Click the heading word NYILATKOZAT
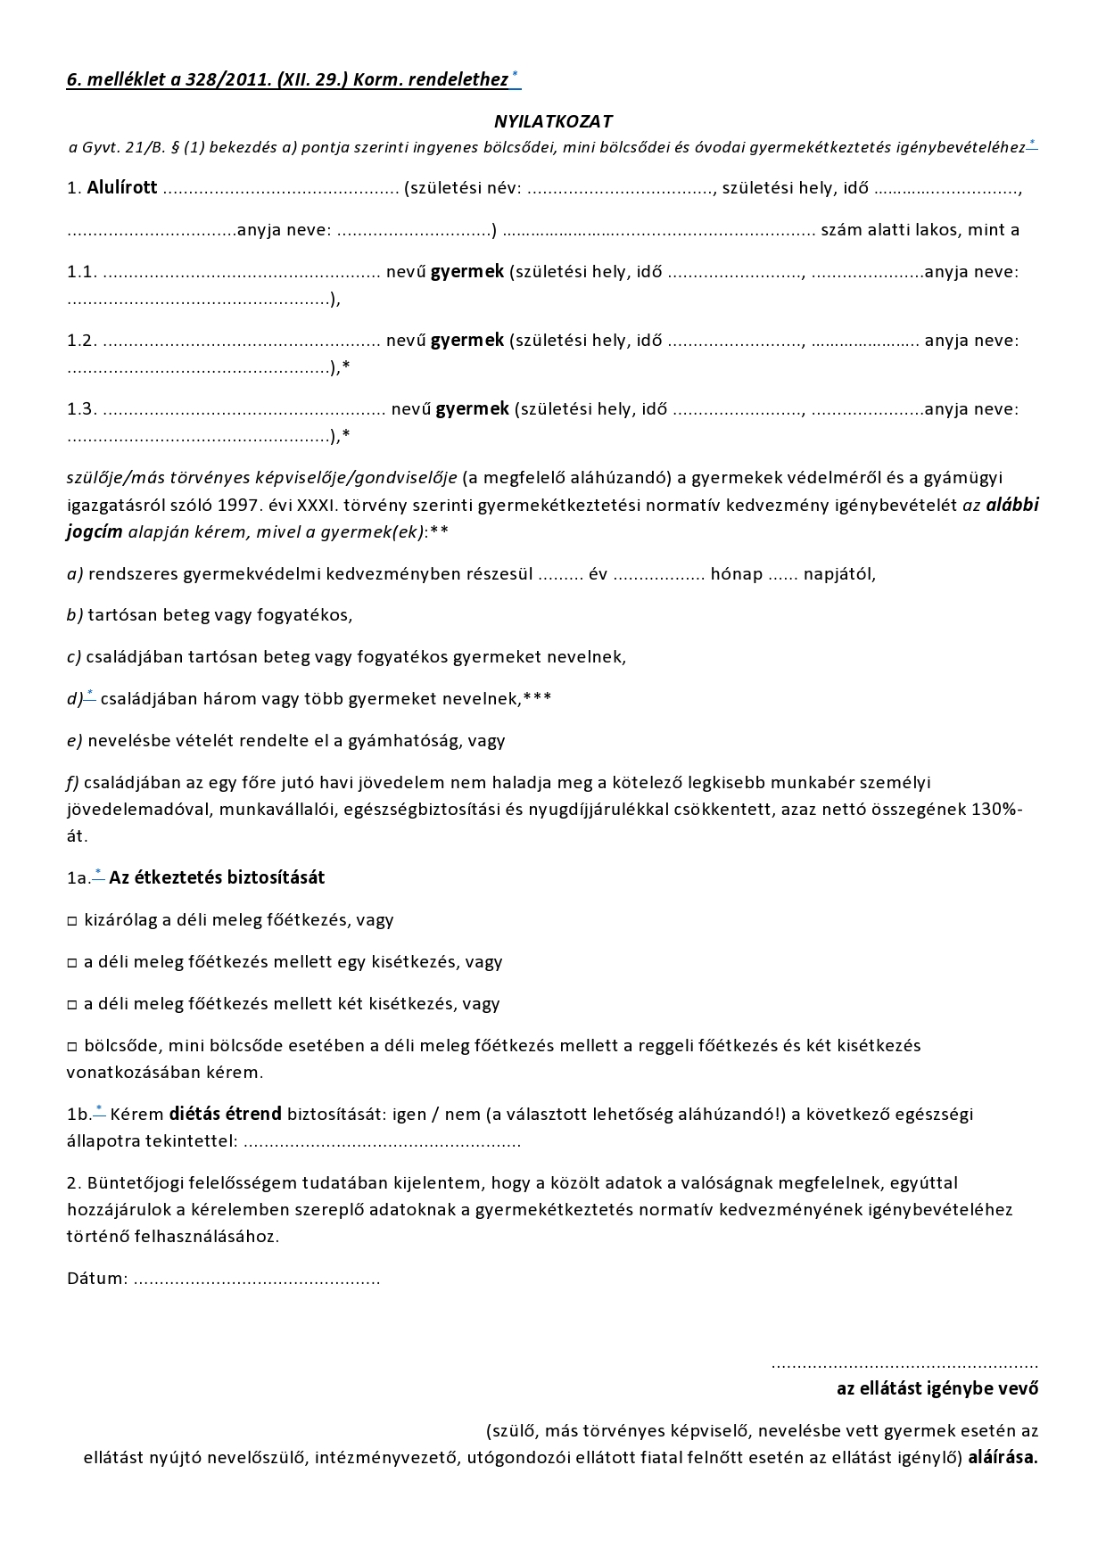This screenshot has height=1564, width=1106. (x=553, y=121)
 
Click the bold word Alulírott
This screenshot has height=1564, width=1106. (x=122, y=188)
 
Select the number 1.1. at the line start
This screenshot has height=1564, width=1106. (x=81, y=272)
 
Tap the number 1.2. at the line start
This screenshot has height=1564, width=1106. (x=81, y=341)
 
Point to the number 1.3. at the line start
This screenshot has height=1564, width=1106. (x=81, y=409)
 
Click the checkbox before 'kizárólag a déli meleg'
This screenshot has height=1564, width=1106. (x=72, y=921)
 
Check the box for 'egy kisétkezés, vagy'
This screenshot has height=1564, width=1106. (x=72, y=963)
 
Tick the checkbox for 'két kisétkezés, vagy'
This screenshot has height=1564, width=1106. (x=72, y=1005)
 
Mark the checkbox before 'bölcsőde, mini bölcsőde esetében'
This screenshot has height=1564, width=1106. (x=72, y=1047)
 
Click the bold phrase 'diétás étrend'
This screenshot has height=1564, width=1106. (x=226, y=1114)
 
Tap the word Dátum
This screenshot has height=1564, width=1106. (x=96, y=1279)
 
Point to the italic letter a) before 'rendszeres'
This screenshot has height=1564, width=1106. (x=75, y=574)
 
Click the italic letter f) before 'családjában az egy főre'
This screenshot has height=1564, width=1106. (x=73, y=783)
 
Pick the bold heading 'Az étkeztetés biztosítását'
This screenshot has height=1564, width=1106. (x=217, y=878)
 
